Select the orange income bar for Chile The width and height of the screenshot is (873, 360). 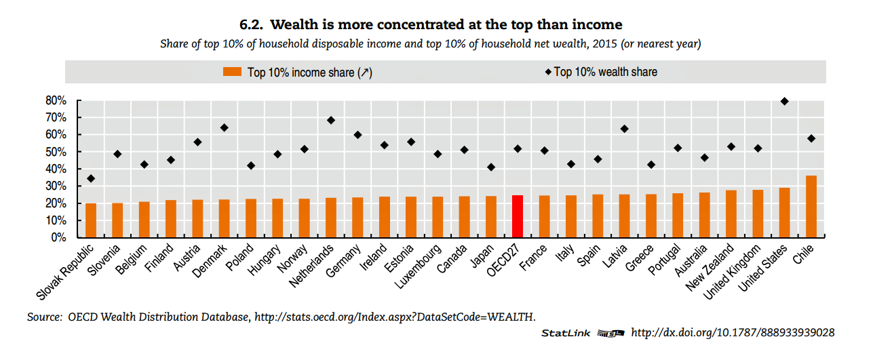[x=811, y=207]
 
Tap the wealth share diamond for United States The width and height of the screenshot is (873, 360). [x=784, y=101]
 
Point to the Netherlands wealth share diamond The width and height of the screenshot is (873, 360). [x=331, y=120]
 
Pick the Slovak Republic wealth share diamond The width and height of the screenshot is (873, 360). [x=91, y=178]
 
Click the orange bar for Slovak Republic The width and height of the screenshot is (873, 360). [x=91, y=220]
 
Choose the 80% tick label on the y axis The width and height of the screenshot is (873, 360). [x=56, y=100]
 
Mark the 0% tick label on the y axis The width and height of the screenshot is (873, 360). [x=59, y=238]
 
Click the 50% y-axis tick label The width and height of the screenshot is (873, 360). [x=56, y=152]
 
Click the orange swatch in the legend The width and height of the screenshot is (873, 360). [x=233, y=72]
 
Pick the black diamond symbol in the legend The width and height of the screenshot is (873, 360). [x=547, y=72]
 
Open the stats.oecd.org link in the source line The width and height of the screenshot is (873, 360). [x=394, y=317]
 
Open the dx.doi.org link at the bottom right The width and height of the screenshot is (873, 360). [x=733, y=333]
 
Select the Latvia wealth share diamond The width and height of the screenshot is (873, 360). [x=624, y=129]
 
